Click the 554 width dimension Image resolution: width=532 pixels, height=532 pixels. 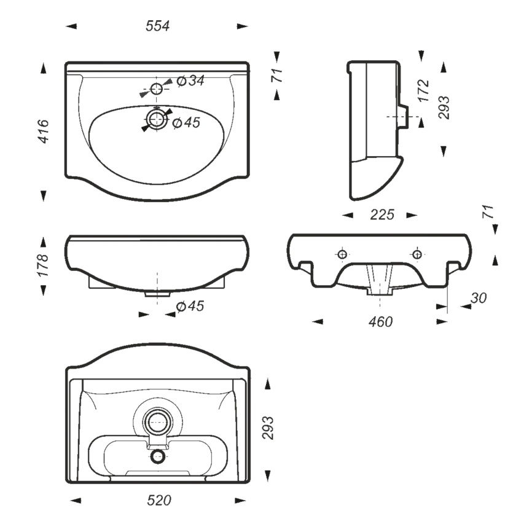tap(157, 26)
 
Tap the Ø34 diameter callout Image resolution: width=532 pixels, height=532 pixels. tap(190, 80)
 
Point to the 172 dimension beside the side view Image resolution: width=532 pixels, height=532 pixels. tap(423, 90)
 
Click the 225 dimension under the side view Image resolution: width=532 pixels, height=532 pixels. tap(382, 215)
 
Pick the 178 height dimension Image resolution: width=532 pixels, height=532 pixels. tap(44, 265)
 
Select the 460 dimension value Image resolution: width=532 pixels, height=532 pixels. tap(381, 322)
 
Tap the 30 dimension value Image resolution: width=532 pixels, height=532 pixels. tap(479, 298)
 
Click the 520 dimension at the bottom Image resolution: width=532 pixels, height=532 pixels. tap(159, 501)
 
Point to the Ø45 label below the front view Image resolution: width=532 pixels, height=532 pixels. tap(190, 307)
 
